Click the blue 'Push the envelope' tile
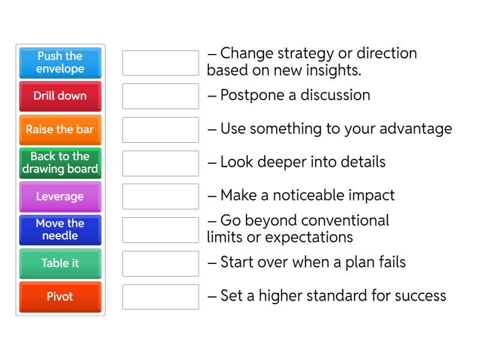[60, 62]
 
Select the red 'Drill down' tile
[60, 96]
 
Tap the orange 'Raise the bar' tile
[60, 130]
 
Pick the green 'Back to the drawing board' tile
[60, 163]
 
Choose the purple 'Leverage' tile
[60, 196]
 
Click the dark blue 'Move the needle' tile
[60, 230]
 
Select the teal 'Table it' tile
[60, 263]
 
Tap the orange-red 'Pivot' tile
[60, 296]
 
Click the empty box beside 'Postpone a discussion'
[160, 96]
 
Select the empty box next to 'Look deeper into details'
[160, 163]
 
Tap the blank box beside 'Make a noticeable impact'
[160, 196]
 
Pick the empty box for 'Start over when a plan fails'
[160, 263]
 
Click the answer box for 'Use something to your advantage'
[160, 130]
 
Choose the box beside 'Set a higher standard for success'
[160, 296]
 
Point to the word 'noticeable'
[304, 196]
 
